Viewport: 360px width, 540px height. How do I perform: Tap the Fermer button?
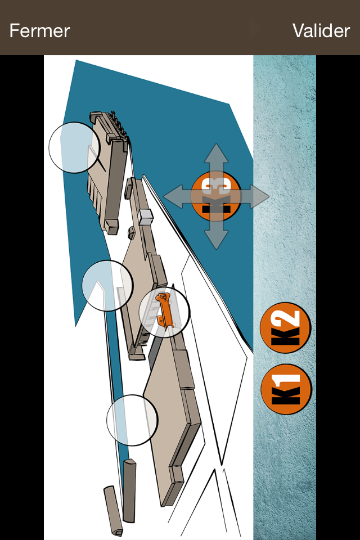[39, 30]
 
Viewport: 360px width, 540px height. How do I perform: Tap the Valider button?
[321, 30]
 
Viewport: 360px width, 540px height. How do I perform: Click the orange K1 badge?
[286, 389]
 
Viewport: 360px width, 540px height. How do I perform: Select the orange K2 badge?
[286, 327]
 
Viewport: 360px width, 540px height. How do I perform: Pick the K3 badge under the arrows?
[216, 196]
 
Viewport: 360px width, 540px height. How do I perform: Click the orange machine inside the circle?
[165, 309]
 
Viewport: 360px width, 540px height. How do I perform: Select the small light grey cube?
[145, 217]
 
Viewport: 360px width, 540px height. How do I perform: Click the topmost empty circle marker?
[74, 147]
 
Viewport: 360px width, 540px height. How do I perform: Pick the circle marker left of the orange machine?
[107, 286]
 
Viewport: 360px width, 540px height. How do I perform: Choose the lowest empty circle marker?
[132, 420]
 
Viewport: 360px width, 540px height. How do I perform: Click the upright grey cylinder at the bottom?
[129, 490]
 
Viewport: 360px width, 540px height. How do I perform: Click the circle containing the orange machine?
[164, 312]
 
